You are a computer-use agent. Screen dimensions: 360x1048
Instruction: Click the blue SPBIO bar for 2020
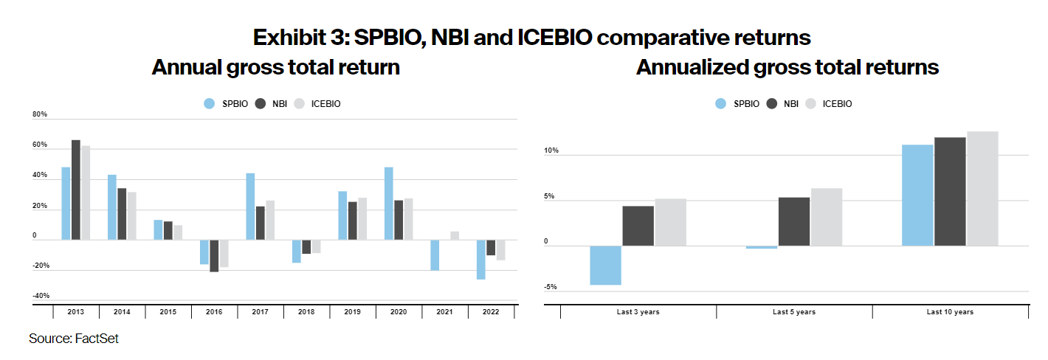click(x=389, y=204)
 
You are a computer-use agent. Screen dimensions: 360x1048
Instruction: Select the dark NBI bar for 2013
click(x=76, y=190)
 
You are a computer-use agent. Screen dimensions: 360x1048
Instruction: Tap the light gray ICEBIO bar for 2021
click(x=455, y=235)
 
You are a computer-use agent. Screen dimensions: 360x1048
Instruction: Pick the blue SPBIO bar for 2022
click(x=480, y=260)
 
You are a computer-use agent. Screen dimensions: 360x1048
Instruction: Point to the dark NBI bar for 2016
click(x=214, y=256)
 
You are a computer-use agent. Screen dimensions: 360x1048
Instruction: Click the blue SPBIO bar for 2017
click(x=250, y=207)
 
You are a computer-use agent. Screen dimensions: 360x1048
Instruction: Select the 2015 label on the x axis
click(x=168, y=312)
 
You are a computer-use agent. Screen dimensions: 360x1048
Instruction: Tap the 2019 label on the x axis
click(x=352, y=312)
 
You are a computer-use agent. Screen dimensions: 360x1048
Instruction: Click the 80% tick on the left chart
click(x=40, y=115)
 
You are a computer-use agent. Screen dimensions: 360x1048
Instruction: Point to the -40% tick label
click(x=41, y=296)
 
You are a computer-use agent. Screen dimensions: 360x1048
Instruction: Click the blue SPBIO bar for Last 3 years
click(x=605, y=265)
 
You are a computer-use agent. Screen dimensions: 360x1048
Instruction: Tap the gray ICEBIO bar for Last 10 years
click(x=982, y=188)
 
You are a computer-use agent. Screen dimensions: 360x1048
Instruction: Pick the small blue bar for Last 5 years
click(x=762, y=247)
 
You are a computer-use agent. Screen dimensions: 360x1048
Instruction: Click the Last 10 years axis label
click(x=950, y=312)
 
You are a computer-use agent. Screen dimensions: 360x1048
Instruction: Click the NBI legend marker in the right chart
click(x=773, y=104)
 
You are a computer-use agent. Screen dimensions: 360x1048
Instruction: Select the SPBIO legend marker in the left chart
click(x=210, y=104)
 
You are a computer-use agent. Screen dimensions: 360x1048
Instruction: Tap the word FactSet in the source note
click(x=97, y=339)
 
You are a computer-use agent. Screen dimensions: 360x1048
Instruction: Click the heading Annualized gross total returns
click(x=787, y=67)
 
